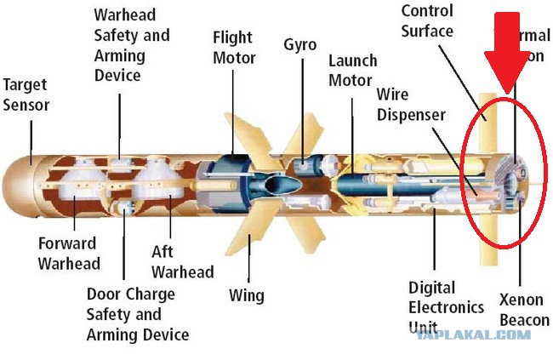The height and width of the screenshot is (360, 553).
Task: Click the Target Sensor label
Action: (x=26, y=95)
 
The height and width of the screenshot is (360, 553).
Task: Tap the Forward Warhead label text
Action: (x=69, y=254)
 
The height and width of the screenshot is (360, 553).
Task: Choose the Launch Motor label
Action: (x=352, y=71)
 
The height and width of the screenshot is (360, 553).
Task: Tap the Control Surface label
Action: (x=427, y=21)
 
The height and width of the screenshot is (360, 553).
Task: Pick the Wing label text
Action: (x=247, y=295)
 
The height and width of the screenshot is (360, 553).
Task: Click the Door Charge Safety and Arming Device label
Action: (x=136, y=314)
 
